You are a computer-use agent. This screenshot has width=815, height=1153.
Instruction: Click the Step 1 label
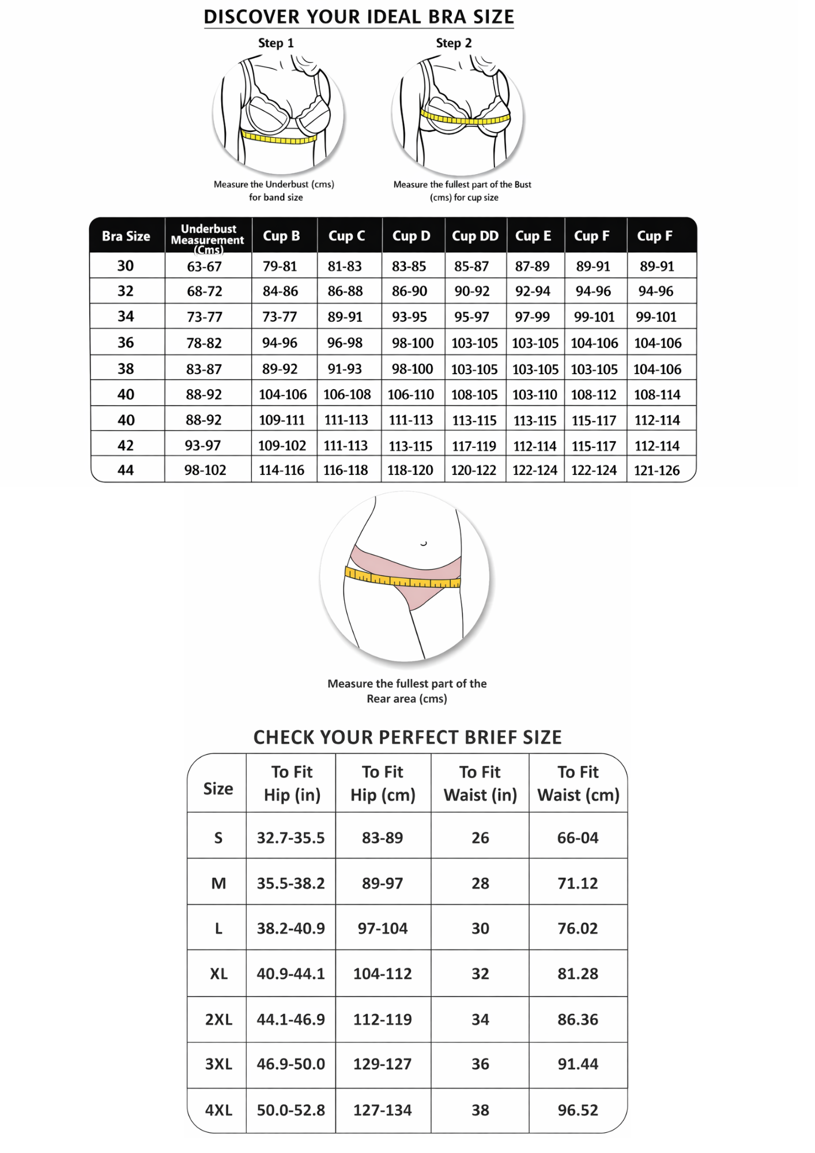click(276, 43)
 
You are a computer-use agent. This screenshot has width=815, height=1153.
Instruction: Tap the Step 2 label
click(454, 43)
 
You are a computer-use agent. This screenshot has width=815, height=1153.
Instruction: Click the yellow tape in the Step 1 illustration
click(279, 138)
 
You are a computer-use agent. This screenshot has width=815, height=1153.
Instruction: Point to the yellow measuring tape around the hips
click(402, 579)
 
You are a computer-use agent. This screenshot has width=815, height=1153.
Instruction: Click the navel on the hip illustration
click(424, 543)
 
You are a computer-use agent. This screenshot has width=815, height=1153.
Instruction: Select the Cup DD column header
click(475, 236)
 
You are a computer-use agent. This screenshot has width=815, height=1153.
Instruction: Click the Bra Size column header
click(126, 236)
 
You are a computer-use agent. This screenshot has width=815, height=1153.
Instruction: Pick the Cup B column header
click(281, 236)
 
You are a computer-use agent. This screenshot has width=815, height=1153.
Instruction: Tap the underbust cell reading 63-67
click(204, 266)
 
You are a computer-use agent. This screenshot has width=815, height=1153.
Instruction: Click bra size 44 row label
click(126, 470)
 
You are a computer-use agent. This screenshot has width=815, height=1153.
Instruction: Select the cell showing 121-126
click(656, 470)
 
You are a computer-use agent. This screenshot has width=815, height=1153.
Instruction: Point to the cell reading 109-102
click(281, 446)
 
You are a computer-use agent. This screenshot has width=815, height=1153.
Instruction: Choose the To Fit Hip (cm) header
click(383, 783)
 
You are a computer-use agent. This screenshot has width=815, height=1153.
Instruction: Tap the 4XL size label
click(218, 1110)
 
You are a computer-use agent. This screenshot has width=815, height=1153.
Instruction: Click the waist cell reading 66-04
click(578, 838)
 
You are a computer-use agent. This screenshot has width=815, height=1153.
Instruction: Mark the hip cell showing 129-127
click(382, 1064)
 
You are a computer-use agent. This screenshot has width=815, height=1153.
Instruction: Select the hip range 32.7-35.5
click(290, 838)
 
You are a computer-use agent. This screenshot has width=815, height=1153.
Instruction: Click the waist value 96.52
click(578, 1110)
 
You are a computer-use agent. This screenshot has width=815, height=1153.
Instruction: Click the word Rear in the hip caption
click(379, 699)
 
